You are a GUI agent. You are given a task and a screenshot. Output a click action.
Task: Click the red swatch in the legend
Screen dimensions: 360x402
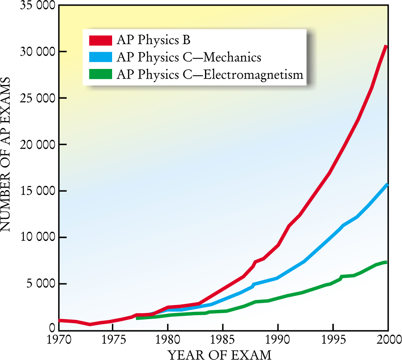point(100,40)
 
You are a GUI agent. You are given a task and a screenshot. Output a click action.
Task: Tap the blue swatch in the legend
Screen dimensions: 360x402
point(100,57)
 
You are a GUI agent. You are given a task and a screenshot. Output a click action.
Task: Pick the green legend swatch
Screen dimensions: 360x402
point(100,75)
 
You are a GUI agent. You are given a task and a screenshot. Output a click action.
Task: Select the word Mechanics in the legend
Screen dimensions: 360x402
point(232,57)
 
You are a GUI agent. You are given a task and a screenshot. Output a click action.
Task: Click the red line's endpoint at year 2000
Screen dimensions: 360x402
point(387,46)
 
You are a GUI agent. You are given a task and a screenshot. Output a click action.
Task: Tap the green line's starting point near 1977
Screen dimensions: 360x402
point(137,318)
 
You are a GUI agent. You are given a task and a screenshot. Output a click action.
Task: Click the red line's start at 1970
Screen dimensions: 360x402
point(60,320)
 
